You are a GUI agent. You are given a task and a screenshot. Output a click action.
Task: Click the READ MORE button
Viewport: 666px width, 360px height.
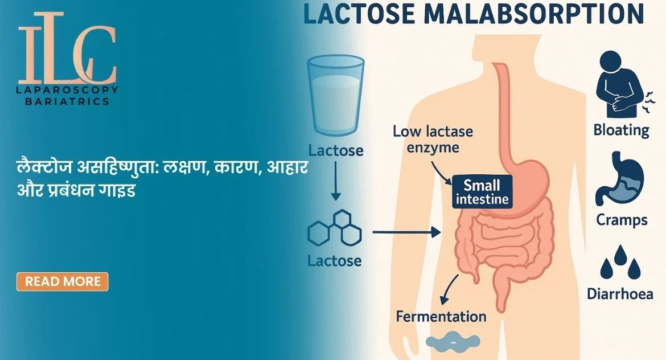pos(63,281)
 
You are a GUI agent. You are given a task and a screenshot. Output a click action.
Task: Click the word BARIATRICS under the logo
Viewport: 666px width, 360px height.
pos(67,101)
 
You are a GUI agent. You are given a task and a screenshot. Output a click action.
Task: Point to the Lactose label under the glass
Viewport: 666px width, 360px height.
pos(335,150)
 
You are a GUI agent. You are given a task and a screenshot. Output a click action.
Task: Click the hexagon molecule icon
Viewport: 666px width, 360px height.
pos(335,228)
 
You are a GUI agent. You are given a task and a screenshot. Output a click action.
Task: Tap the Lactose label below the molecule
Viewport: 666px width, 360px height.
pos(334,260)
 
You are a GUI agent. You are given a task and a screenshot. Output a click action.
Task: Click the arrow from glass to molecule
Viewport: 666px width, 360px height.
pos(336,182)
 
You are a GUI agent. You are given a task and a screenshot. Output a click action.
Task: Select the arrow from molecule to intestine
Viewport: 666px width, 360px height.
pos(406,232)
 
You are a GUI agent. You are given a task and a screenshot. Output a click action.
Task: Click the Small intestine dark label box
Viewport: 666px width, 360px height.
pos(482,192)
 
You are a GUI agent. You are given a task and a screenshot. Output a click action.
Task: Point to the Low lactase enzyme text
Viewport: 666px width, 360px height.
pos(433,139)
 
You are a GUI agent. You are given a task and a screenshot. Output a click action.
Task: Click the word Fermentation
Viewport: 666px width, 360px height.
pos(441,317)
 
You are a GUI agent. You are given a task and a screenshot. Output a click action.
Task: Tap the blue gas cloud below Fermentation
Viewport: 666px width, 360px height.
pos(453,341)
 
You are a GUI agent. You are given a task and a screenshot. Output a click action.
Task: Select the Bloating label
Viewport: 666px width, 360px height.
pos(622,130)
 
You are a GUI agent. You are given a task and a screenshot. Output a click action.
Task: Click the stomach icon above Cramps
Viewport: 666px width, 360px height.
pos(620,178)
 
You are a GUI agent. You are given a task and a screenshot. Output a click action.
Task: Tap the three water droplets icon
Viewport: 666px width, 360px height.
pos(620,262)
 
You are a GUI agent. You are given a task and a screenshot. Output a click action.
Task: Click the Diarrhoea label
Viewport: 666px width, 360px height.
pos(620,294)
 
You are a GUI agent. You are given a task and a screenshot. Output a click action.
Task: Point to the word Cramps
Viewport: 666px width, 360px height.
pos(622,220)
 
